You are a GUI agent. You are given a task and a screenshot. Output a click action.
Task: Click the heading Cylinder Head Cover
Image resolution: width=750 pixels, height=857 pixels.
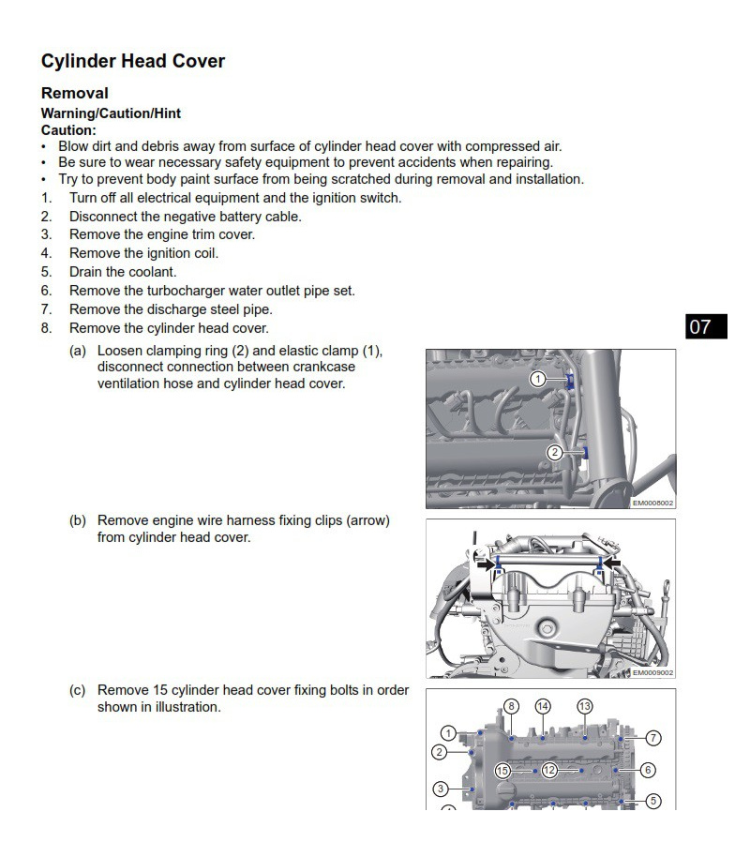click(132, 62)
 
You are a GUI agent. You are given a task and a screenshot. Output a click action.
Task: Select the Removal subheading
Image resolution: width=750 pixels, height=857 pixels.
click(75, 94)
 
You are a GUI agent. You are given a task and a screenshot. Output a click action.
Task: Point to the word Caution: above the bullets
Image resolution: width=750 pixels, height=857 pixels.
click(68, 130)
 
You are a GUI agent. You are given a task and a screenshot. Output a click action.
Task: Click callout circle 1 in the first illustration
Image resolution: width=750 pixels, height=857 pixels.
click(538, 380)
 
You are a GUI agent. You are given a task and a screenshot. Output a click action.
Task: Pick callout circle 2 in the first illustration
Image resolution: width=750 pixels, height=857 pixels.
click(555, 452)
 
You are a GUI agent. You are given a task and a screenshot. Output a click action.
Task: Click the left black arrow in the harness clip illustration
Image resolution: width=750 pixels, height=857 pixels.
click(485, 564)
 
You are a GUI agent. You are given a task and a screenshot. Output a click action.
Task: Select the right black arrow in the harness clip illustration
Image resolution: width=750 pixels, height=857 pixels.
click(611, 563)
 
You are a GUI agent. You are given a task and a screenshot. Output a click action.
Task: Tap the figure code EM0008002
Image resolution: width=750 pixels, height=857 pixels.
click(652, 503)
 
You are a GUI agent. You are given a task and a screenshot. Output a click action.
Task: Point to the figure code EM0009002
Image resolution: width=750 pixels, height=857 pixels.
click(652, 672)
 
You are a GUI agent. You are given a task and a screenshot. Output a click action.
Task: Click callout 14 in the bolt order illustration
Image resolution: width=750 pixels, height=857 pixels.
click(543, 706)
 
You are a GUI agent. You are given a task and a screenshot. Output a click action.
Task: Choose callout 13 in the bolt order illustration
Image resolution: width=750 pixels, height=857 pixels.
click(585, 706)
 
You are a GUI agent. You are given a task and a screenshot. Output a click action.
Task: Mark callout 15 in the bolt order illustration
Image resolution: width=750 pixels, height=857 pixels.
click(502, 771)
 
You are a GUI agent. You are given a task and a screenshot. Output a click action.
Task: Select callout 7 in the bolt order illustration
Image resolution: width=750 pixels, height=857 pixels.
click(653, 738)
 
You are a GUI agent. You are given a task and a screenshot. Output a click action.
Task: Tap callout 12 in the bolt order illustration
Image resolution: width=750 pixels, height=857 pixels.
click(549, 771)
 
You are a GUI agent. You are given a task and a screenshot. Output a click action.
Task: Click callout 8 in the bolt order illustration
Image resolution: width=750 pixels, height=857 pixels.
click(511, 706)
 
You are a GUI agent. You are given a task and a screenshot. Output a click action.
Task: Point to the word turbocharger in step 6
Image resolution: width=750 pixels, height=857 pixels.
click(178, 291)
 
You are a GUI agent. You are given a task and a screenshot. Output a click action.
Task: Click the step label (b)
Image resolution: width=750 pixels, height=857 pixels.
click(78, 520)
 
